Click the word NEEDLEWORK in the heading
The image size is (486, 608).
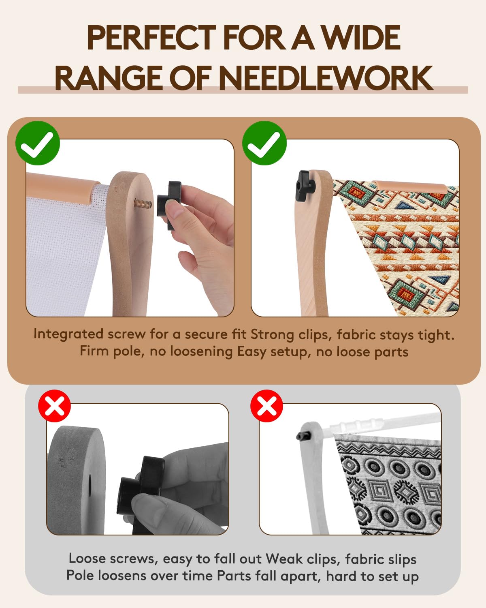pos(326,78)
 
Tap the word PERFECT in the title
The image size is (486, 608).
pos(151,38)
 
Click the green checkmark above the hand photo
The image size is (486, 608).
pos(38,143)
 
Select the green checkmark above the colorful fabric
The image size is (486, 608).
pos(264,143)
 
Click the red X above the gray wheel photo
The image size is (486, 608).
pos(55,406)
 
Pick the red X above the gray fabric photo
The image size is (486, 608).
pos(266,406)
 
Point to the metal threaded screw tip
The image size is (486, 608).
pos(143,203)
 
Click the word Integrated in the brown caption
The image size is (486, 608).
pos(68,334)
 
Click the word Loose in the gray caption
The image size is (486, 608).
pos(87,559)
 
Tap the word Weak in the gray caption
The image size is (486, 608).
pos(284,559)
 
